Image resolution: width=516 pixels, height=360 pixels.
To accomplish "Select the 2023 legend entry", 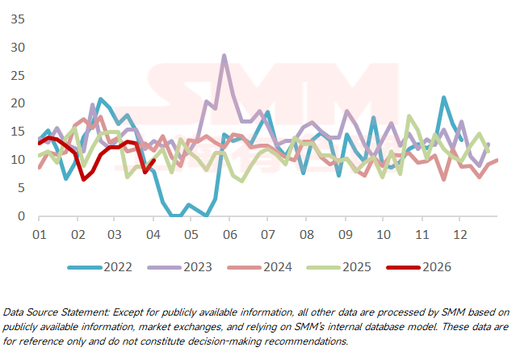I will point(191,267).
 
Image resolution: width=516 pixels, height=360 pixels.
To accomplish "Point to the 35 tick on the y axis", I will point(15,19).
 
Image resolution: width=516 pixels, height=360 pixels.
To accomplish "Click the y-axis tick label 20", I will point(15,103).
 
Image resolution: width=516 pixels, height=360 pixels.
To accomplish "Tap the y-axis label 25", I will point(15,75).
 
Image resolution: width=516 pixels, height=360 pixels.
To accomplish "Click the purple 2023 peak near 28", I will point(224,56).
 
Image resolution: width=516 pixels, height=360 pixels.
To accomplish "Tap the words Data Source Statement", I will point(48,311).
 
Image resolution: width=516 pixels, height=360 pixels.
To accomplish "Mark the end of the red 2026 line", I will point(153,160).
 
